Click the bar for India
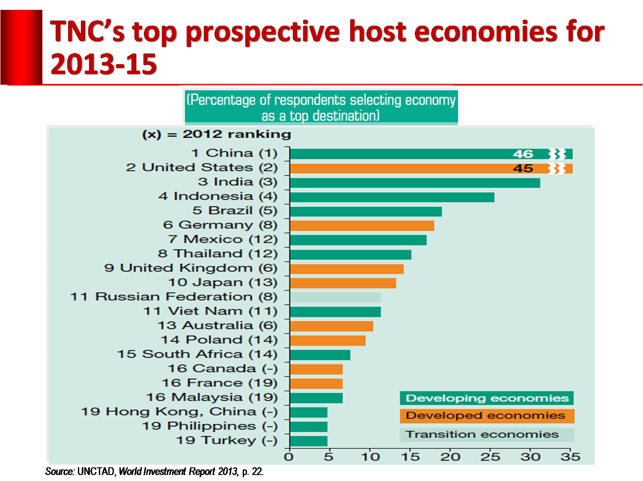click(414, 183)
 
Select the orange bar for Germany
click(362, 226)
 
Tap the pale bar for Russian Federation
click(335, 297)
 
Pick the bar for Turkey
click(309, 441)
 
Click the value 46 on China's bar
click(523, 154)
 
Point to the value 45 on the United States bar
click(523, 169)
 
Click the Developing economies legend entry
click(487, 398)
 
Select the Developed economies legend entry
click(487, 416)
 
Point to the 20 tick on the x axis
click(450, 457)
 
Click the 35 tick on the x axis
click(570, 457)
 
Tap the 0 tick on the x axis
click(289, 457)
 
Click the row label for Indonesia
click(217, 196)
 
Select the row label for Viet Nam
click(210, 311)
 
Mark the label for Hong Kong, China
click(179, 412)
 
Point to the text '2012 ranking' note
click(237, 134)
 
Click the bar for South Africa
click(320, 355)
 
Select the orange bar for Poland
click(327, 341)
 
